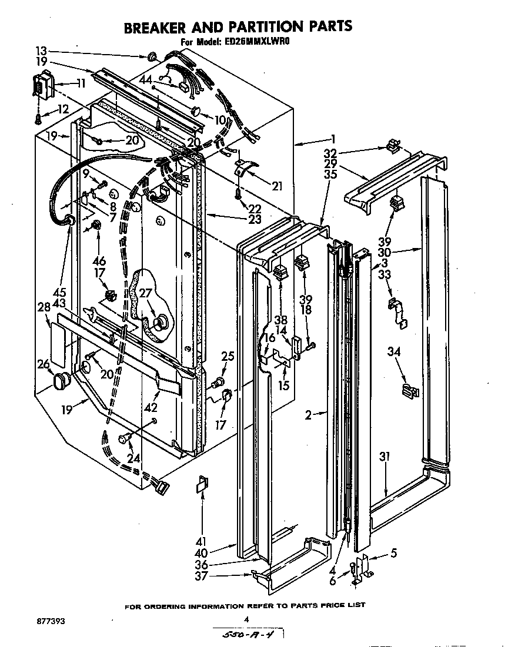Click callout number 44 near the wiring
(145, 79)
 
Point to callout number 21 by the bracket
(276, 187)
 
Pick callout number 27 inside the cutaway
(145, 294)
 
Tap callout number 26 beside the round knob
(44, 365)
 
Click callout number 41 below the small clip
(202, 541)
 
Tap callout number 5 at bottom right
(393, 552)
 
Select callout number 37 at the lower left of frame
(202, 576)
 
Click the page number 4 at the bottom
(246, 619)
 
